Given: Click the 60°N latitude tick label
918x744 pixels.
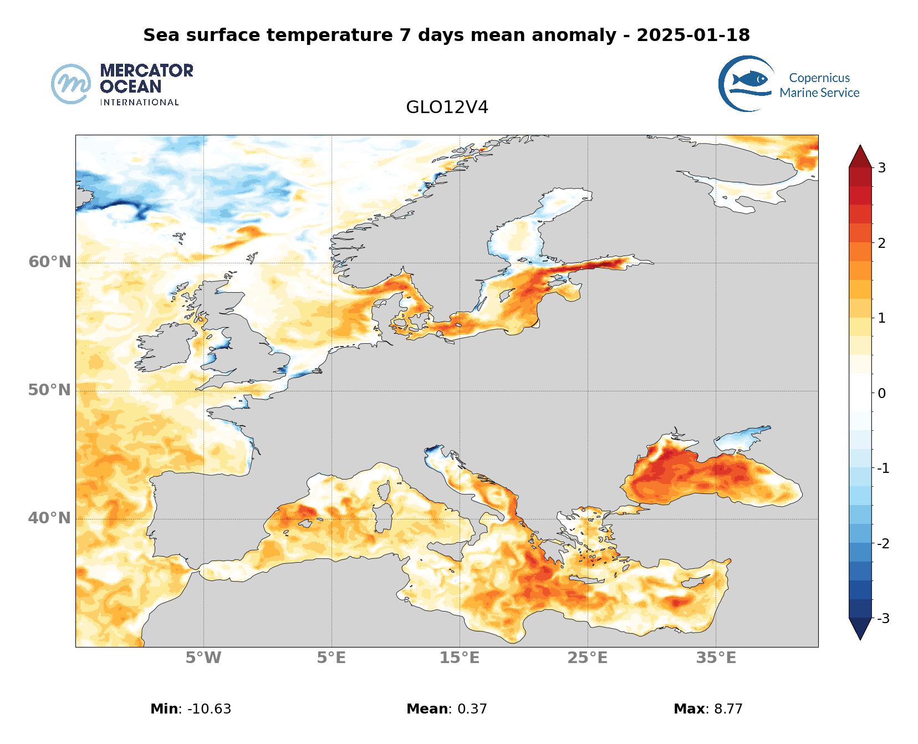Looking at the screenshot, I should [50, 262].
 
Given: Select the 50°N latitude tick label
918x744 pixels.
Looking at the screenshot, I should [50, 390].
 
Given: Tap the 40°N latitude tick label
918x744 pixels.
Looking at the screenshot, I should [50, 518].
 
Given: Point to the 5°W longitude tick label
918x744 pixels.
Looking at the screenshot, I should [203, 658].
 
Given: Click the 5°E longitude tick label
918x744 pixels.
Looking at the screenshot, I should [331, 658].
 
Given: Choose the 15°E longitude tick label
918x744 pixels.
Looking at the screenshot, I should [460, 658].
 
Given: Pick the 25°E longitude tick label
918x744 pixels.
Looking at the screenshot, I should [588, 658].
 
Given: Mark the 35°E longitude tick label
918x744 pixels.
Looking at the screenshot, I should [716, 658].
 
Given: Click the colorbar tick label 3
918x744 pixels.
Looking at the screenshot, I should [881, 167].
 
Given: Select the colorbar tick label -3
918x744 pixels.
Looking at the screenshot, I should [883, 618].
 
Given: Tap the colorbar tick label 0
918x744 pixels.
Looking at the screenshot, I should [881, 393].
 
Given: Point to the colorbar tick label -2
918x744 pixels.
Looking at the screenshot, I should [883, 543].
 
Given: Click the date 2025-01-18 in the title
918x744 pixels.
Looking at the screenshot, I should [693, 35].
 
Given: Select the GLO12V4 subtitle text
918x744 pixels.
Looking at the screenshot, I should [447, 108].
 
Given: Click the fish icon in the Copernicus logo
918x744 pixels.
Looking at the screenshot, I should [750, 79].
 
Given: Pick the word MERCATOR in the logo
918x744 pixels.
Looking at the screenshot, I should [146, 71].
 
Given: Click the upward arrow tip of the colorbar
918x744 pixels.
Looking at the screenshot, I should [860, 147].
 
